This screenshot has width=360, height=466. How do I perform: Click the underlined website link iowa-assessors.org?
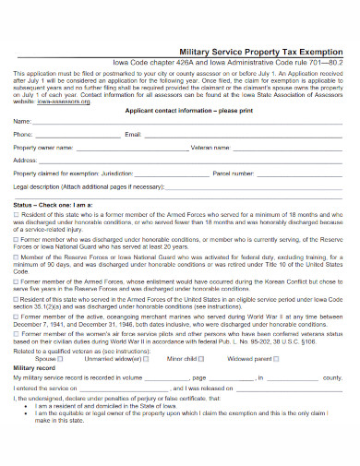click(x=57, y=103)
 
